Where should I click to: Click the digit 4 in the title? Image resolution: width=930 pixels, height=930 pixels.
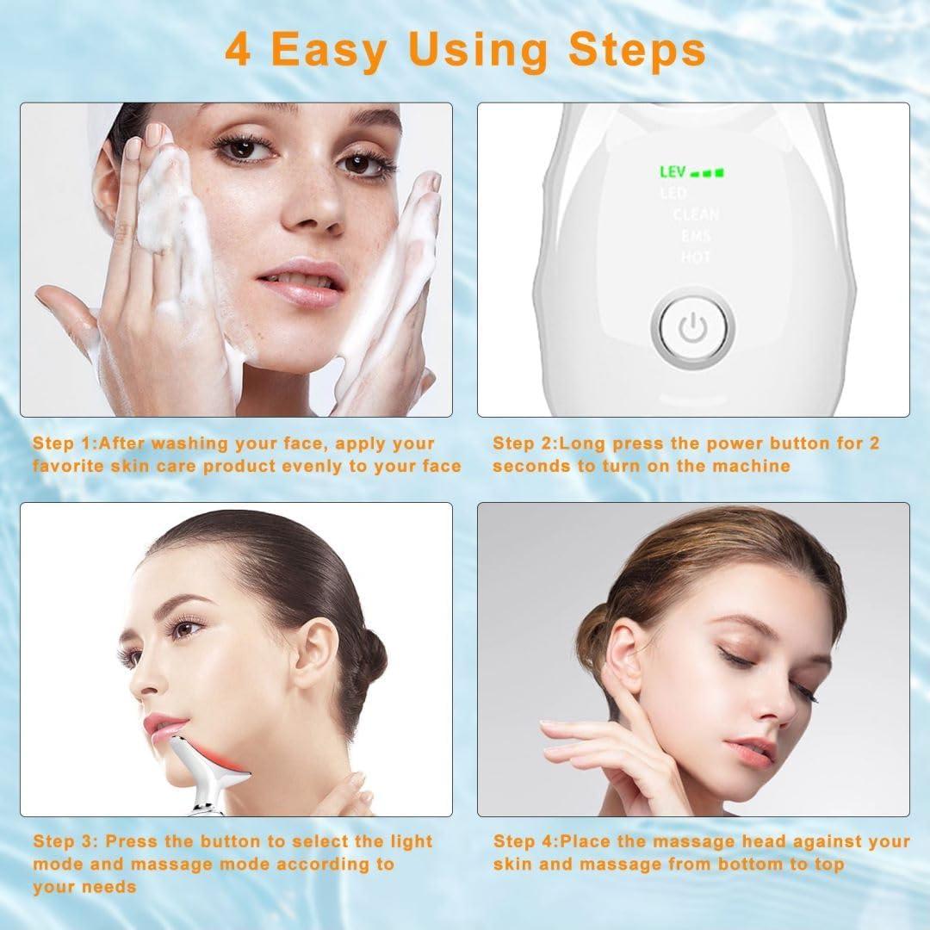(x=239, y=49)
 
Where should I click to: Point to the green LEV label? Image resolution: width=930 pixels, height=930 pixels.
(x=673, y=173)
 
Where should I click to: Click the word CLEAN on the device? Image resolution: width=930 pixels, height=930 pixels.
(x=695, y=215)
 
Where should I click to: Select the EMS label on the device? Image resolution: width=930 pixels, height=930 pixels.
(x=695, y=236)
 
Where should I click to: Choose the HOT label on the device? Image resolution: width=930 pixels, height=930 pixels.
(x=695, y=257)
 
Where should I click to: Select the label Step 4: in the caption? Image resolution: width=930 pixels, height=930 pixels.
(x=524, y=841)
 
